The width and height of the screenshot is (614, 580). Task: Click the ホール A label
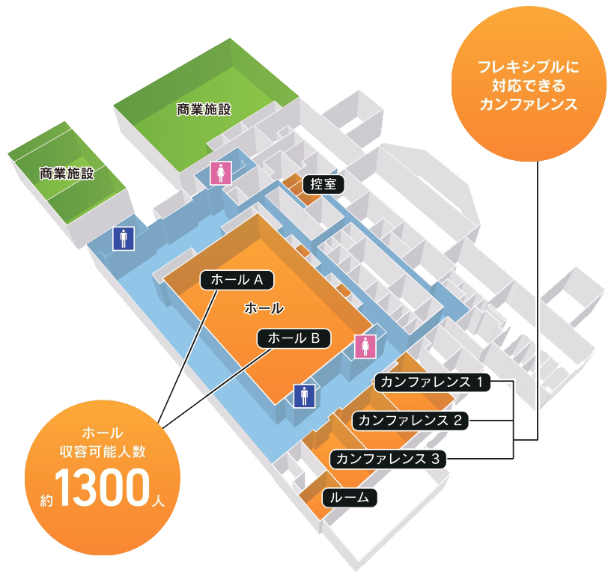237,280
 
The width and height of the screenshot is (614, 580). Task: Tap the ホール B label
294,338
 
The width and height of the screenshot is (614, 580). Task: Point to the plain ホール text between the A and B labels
264,308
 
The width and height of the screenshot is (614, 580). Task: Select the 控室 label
323,184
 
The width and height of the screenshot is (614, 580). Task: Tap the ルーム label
349,497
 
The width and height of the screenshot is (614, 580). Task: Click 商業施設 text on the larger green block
204,109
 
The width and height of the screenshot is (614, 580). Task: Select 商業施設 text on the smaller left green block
67,174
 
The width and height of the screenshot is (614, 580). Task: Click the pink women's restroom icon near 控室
220,173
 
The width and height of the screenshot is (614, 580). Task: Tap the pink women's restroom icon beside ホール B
365,346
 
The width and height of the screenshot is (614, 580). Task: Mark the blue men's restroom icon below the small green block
124,238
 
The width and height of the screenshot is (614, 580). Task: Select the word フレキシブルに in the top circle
529,67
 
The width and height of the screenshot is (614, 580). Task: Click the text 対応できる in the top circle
529,85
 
